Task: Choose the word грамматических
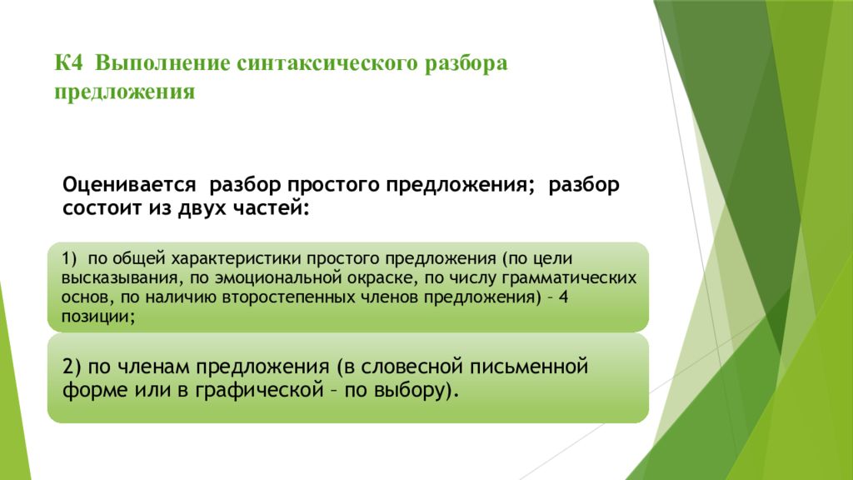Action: [x=568, y=278]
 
